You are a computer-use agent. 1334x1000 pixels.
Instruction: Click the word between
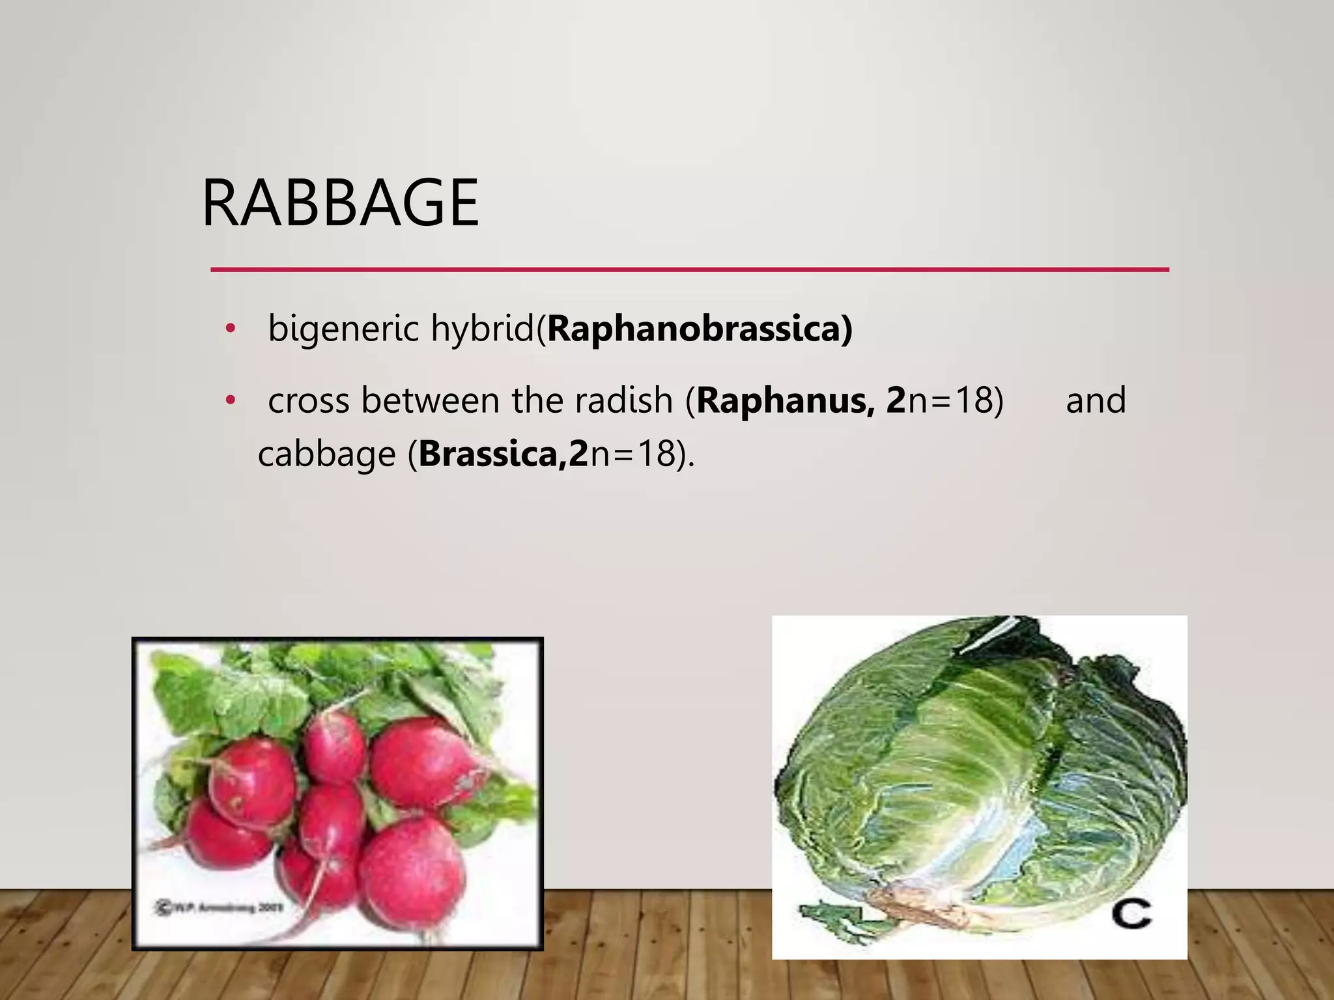(x=430, y=400)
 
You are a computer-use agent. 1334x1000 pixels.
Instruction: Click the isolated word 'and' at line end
(x=1096, y=400)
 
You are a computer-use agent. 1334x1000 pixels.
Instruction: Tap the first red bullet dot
(x=229, y=329)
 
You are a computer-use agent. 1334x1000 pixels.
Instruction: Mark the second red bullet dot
(x=229, y=401)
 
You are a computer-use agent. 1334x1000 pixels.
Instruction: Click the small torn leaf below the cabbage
(x=830, y=915)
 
